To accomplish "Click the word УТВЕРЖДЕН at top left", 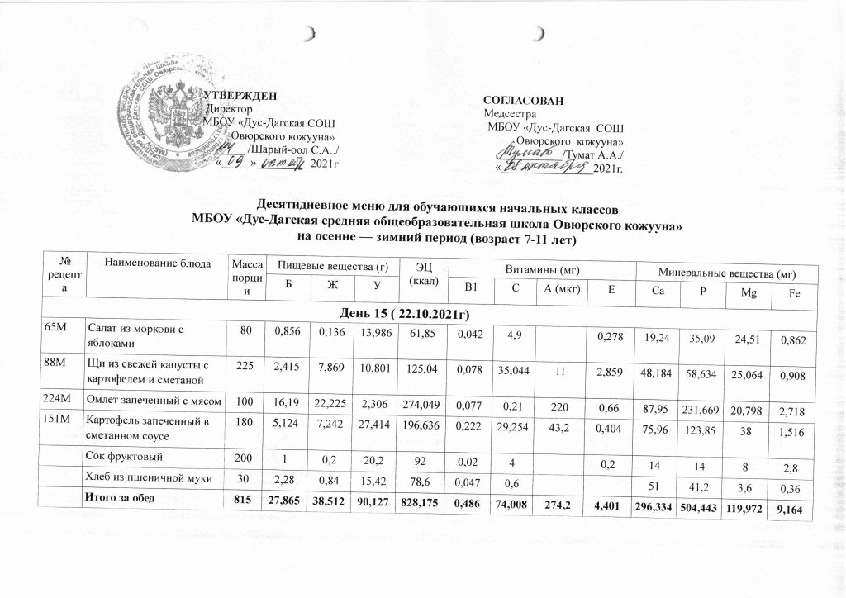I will coord(240,96).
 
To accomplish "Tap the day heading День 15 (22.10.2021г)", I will coord(421,315).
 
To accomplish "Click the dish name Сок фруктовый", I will coord(121,455).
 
